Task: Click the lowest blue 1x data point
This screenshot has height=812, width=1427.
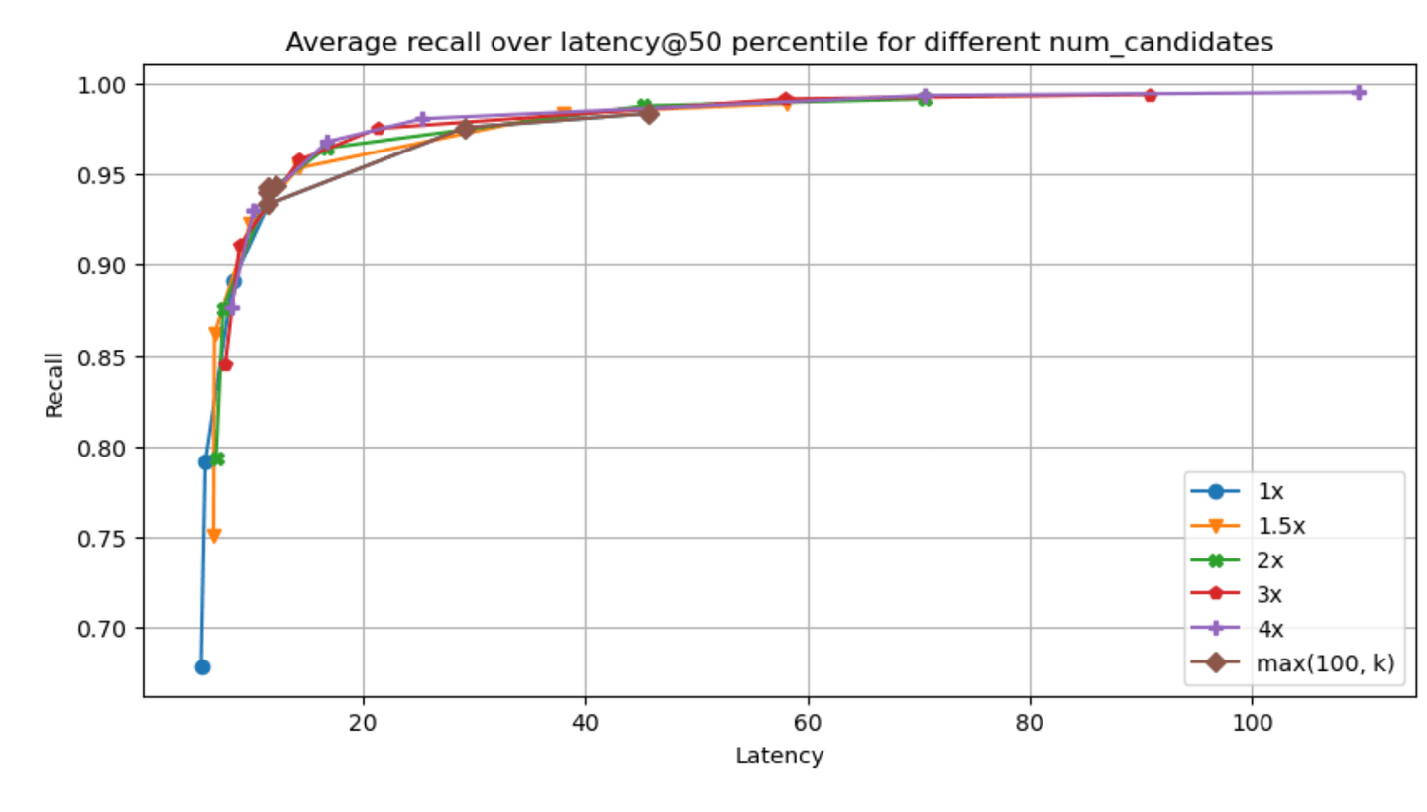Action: [202, 666]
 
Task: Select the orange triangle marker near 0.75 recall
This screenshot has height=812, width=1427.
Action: [214, 536]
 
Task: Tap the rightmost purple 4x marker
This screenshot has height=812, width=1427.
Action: [1359, 93]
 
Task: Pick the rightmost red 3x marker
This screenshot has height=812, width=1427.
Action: [1150, 95]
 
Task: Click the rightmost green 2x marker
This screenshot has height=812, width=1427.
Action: [925, 99]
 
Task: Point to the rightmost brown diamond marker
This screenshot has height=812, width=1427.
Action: [649, 115]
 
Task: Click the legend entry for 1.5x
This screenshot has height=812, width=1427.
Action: [1248, 526]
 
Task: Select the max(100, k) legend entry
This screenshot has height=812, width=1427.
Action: [1293, 663]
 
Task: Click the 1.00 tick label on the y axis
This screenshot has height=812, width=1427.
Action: [101, 85]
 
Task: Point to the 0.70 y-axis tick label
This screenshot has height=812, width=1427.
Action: [101, 629]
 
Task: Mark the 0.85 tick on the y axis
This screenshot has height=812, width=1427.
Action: [101, 357]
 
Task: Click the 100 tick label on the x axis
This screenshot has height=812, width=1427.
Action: [1252, 723]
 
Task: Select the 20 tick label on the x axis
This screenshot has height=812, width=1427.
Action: [363, 723]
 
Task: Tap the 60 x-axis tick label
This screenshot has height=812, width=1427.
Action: [808, 723]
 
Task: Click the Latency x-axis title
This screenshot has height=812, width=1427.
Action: [779, 756]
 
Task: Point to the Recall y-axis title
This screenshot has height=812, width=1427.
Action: [55, 385]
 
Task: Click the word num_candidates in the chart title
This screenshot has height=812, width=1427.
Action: [1160, 42]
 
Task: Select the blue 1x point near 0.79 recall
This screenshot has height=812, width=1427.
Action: [205, 462]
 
